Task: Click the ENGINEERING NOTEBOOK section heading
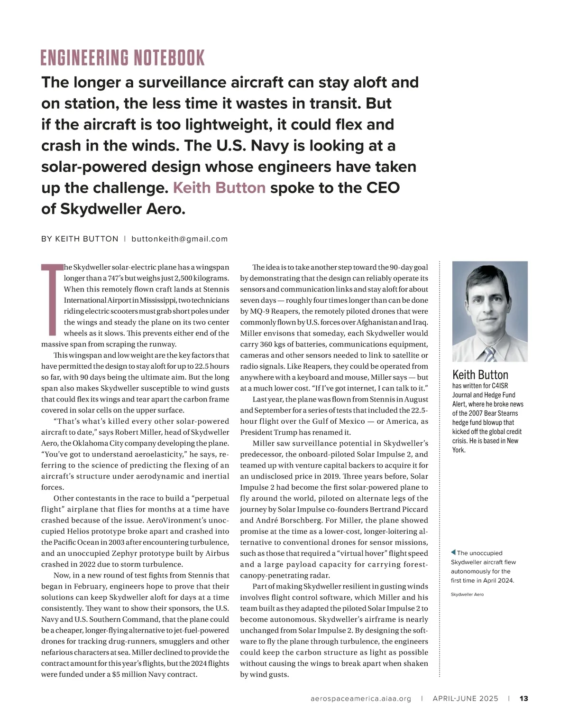point(123,58)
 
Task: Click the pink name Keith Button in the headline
point(219,188)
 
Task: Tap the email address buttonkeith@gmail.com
point(180,239)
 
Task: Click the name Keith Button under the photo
point(480,375)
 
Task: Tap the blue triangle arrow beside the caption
point(453,552)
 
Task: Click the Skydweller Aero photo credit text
point(467,594)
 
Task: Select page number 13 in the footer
point(524,699)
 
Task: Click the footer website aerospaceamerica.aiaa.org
point(361,699)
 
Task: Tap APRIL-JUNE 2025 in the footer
point(465,699)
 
